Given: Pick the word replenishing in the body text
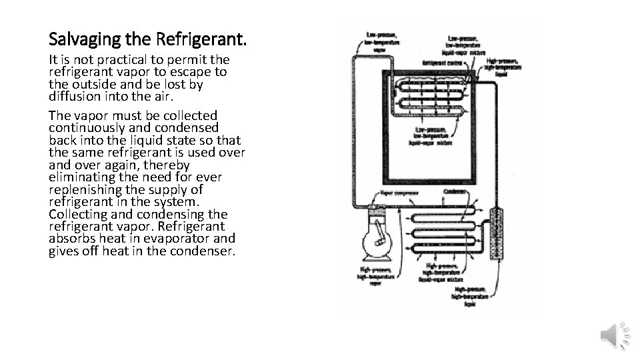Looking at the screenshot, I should pyautogui.click(x=84, y=189).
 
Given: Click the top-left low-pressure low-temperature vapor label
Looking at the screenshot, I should pyautogui.click(x=382, y=38).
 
